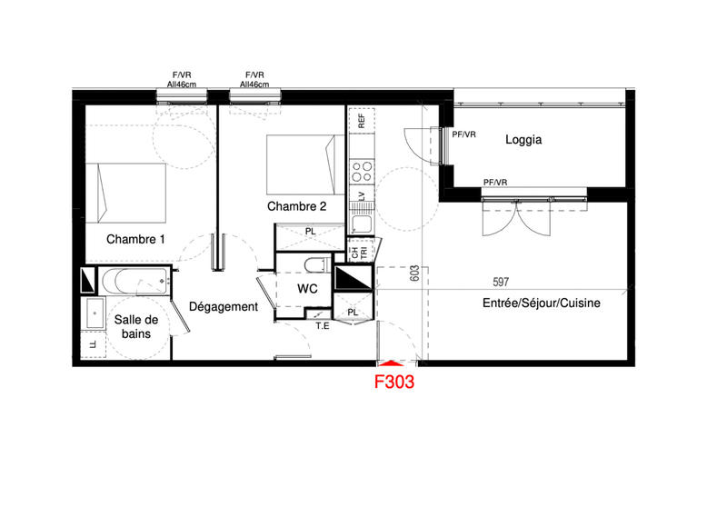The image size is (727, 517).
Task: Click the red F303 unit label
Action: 395,383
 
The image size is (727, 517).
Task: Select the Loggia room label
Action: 523,140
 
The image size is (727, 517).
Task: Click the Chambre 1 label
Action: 136,240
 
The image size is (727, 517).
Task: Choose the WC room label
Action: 306,289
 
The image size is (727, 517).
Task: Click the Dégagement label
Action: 224,307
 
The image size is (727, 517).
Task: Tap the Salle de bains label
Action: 136,326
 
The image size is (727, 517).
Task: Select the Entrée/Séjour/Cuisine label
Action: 542,304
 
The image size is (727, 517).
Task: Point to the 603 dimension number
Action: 414,273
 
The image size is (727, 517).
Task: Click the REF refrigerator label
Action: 361,119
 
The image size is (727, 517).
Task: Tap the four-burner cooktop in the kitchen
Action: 361,172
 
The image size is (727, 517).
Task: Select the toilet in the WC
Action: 314,265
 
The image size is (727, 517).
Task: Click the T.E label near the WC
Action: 322,325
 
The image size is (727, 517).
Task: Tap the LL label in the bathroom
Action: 93,345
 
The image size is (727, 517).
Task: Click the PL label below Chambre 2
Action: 310,231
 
